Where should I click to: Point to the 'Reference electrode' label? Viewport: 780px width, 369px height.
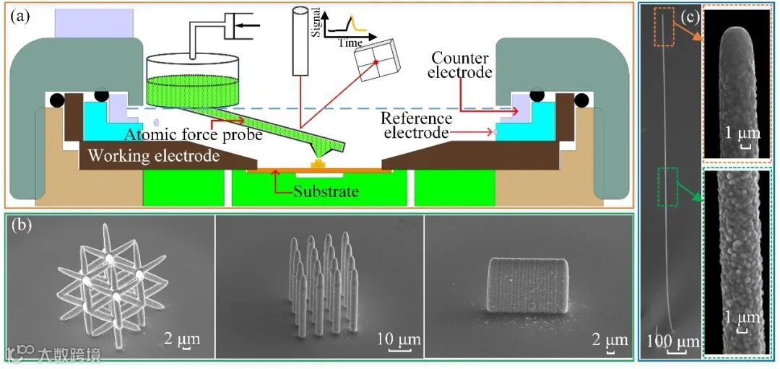(x=417, y=126)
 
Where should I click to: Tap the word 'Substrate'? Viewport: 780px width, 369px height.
(x=326, y=191)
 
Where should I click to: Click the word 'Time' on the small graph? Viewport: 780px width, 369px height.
(x=350, y=43)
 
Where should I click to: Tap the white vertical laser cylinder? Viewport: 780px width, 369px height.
(x=300, y=41)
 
